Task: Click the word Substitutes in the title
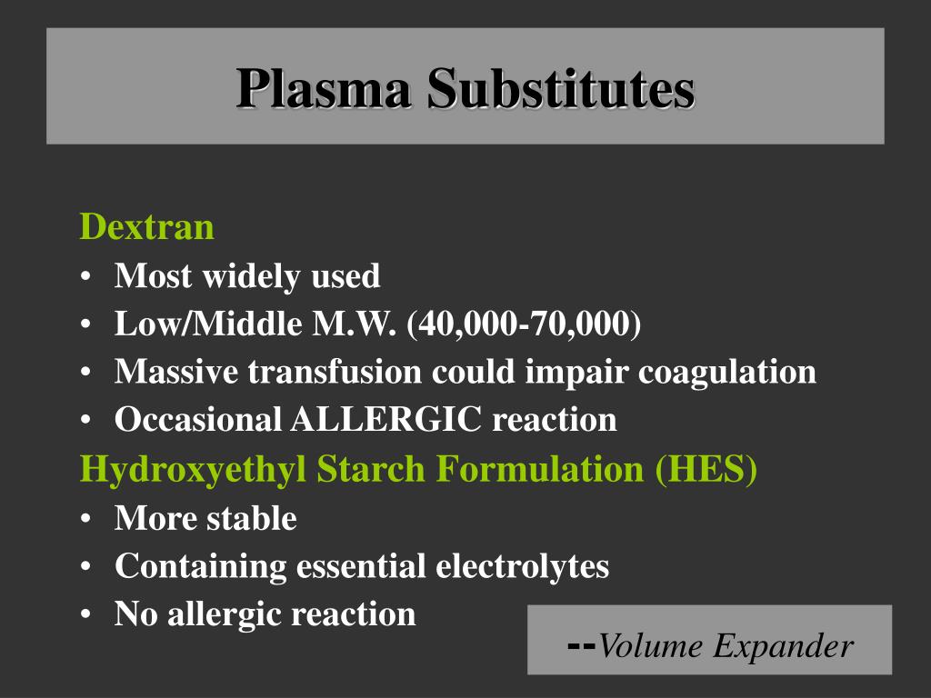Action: coord(561,89)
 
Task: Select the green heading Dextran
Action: coord(147,226)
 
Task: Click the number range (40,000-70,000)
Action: coord(525,324)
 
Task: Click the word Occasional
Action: coord(198,420)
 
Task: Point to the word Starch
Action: coord(372,469)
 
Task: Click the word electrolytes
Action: coord(522,566)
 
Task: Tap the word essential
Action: coord(360,566)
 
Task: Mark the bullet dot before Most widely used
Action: coord(85,276)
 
